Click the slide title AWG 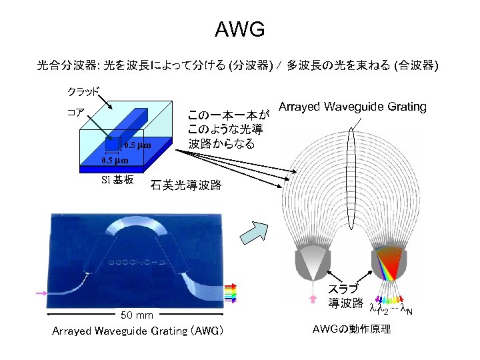tap(240, 29)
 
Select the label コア tap(75, 111)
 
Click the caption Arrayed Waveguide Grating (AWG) tap(137, 331)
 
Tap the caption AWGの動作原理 tap(353, 330)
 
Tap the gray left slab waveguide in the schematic tap(311, 261)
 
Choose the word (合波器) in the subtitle tap(415, 66)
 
